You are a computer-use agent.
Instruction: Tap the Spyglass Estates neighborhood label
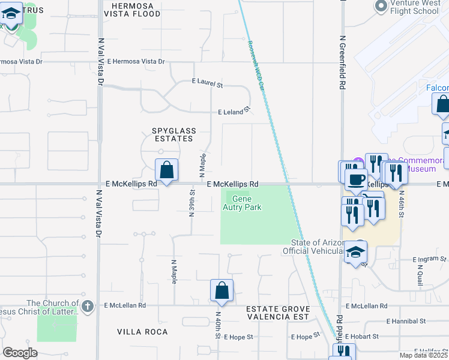tap(172, 134)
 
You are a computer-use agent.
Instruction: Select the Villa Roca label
tap(138, 332)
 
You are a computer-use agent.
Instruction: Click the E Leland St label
tap(234, 112)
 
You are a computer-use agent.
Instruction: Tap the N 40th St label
tap(217, 325)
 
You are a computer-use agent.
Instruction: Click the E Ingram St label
tap(430, 259)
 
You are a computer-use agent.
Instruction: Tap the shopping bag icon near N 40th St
tap(221, 290)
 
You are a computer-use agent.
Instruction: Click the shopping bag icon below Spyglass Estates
tap(167, 170)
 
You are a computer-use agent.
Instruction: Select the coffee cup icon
tap(357, 179)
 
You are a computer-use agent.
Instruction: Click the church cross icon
tap(88, 305)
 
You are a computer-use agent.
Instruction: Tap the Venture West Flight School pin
tap(380, 7)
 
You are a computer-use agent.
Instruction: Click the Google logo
tap(20, 353)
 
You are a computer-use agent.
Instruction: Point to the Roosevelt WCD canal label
tap(255, 65)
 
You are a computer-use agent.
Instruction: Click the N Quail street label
tap(420, 275)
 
